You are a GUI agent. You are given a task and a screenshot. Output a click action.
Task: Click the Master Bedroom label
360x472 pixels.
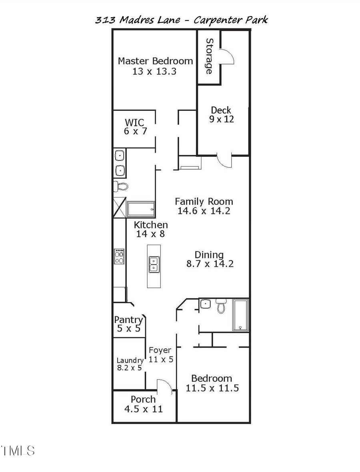tap(155, 61)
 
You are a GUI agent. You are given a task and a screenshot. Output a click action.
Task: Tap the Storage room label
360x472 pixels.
tap(209, 56)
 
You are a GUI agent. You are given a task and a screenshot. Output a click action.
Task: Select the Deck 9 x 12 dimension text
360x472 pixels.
tap(221, 119)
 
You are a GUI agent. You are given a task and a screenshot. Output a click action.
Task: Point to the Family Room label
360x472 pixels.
tap(204, 202)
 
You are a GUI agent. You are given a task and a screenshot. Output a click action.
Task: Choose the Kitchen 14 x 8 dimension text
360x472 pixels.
tap(150, 234)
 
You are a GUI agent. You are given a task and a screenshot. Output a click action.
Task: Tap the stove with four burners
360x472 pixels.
tap(119, 256)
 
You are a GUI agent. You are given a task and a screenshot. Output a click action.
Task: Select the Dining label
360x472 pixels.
tap(209, 255)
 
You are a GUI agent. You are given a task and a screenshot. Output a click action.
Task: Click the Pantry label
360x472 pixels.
tap(128, 320)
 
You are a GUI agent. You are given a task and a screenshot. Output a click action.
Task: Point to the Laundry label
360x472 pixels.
tap(130, 360)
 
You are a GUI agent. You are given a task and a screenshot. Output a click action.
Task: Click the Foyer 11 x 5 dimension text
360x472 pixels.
tap(161, 359)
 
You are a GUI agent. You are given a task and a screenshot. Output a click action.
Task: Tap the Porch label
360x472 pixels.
tap(143, 399)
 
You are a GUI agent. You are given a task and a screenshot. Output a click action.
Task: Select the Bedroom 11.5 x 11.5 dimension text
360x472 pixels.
tap(212, 388)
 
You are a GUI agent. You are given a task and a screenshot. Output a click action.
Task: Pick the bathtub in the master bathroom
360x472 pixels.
tap(141, 209)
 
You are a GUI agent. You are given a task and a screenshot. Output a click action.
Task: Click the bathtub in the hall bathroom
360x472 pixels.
tap(240, 314)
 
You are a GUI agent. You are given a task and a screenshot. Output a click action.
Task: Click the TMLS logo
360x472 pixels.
tap(18, 451)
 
